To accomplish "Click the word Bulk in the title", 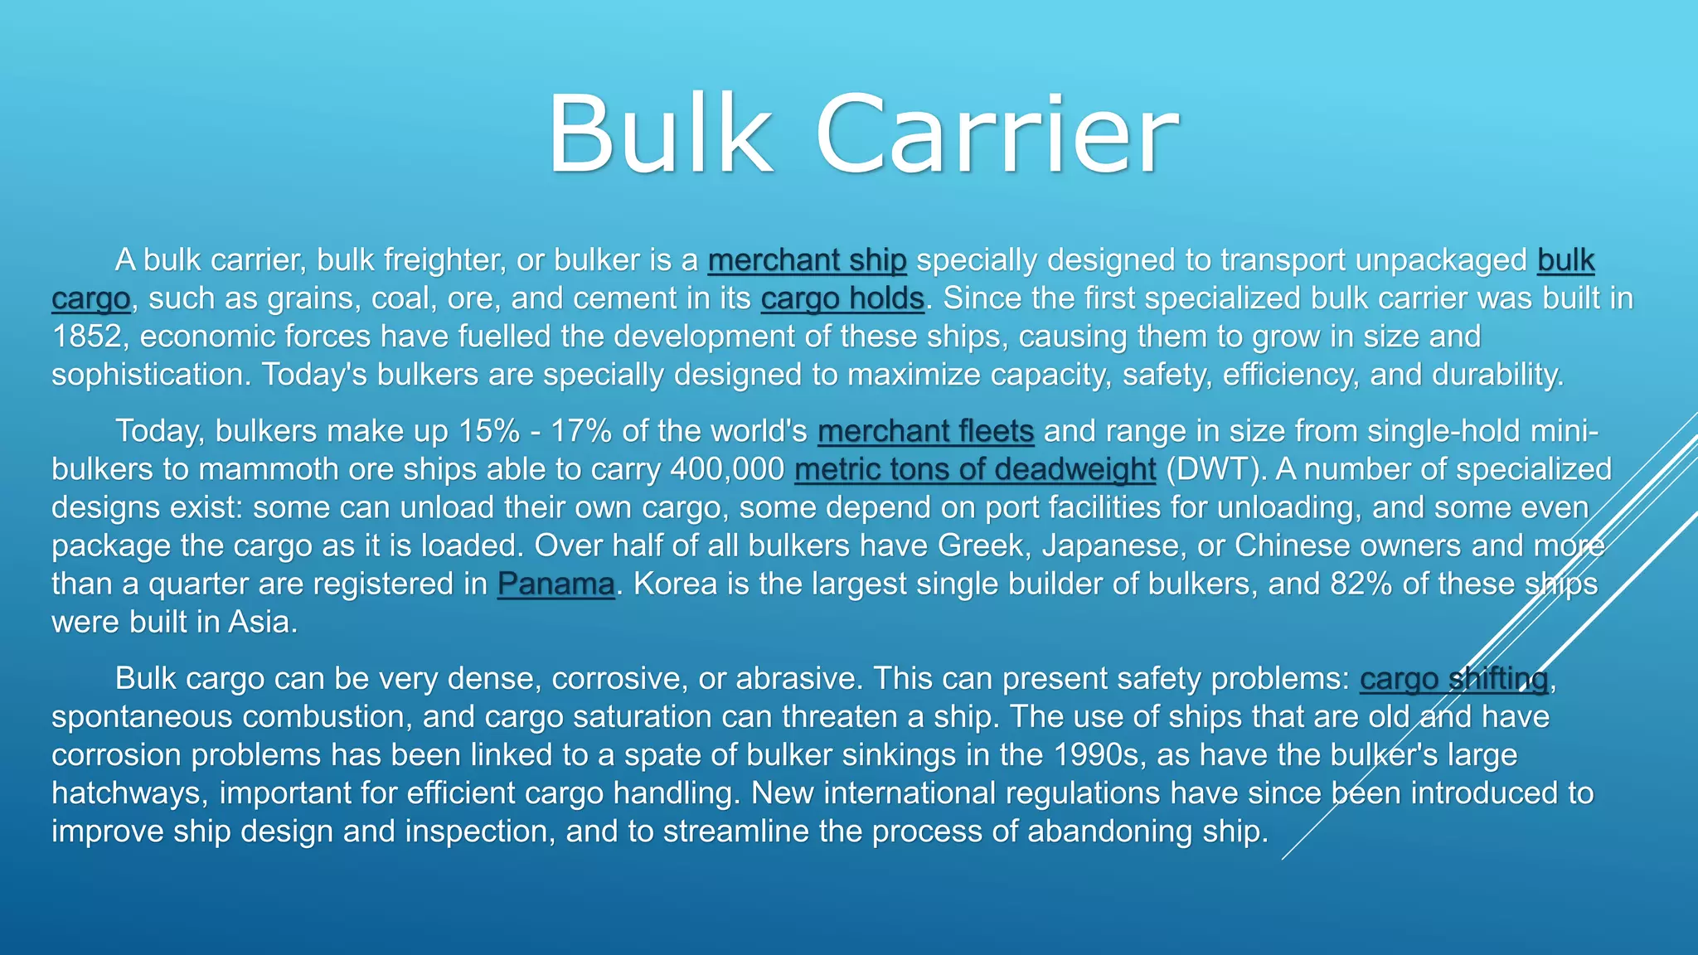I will [x=659, y=134].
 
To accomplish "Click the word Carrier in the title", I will [x=997, y=134].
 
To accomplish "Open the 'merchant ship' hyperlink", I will [x=807, y=260].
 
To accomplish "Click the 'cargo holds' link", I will [x=842, y=298].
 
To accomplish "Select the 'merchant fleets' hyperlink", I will [x=925, y=431].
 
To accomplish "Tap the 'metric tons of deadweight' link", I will [x=974, y=469].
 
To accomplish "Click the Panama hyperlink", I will [x=555, y=584].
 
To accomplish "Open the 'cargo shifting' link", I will [x=1453, y=679].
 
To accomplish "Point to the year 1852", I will [x=86, y=337].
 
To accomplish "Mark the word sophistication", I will [x=149, y=375].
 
